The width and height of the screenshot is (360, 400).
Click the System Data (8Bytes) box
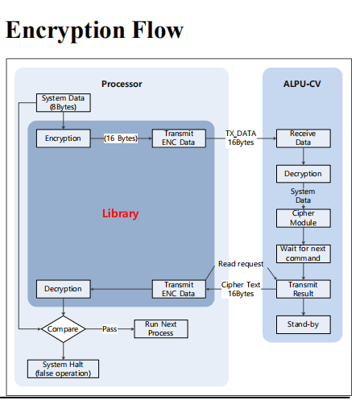(64, 102)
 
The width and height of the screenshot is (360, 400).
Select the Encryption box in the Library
(64, 138)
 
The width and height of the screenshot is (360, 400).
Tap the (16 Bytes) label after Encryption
(121, 138)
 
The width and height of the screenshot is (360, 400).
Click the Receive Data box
(304, 138)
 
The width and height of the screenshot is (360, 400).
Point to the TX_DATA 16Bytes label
(241, 138)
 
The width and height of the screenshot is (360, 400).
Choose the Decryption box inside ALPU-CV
(304, 174)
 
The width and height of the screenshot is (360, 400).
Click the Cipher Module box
(304, 218)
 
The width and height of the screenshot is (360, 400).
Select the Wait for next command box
(304, 254)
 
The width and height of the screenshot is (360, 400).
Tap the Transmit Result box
(304, 289)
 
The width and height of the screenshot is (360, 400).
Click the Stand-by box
(304, 324)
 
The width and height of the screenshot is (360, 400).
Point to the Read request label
(241, 264)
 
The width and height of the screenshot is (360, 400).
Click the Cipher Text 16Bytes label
(241, 289)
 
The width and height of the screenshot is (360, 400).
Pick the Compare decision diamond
(64, 329)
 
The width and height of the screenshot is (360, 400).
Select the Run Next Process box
(161, 328)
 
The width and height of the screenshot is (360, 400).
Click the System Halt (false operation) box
(63, 369)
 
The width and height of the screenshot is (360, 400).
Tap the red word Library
(120, 213)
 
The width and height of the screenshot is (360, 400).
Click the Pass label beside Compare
(110, 329)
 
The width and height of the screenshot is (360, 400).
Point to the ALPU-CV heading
(302, 84)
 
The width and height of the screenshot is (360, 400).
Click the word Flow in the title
(158, 30)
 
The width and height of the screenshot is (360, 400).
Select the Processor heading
(122, 84)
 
